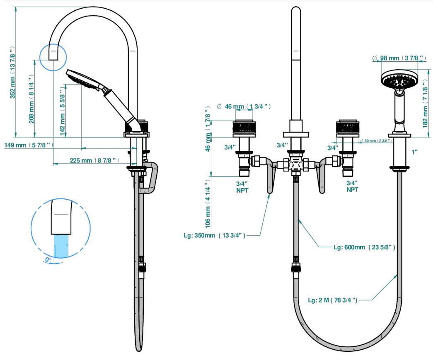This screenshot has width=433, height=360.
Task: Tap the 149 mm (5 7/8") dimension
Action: pos(29,145)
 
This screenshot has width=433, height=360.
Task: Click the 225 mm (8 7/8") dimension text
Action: pos(94,160)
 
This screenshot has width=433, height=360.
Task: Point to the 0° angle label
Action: pos(48,259)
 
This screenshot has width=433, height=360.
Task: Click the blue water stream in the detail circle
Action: pos(61,246)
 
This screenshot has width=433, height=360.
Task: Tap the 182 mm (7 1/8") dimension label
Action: pos(425,104)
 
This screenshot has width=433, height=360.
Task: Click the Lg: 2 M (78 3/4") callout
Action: pos(332,300)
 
